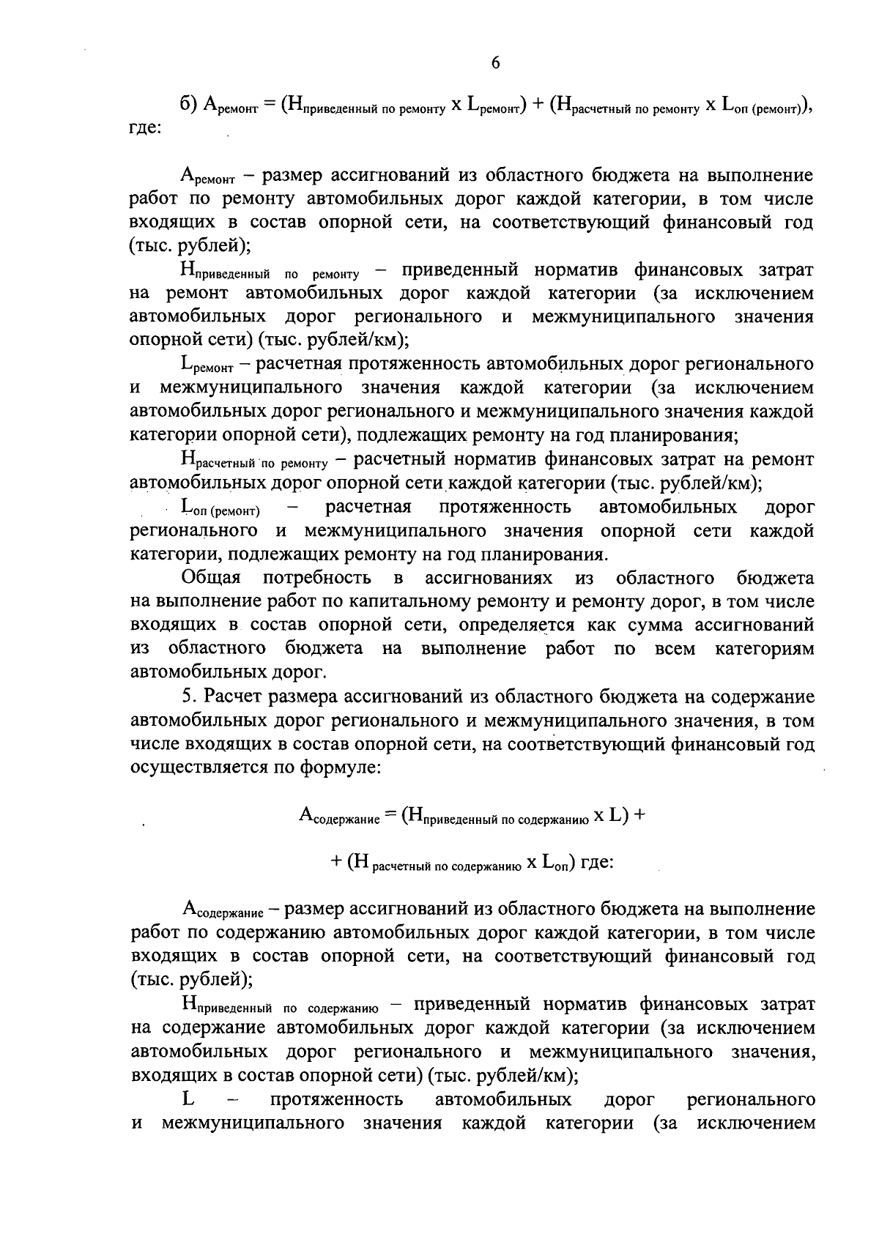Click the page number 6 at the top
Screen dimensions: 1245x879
pyautogui.click(x=495, y=64)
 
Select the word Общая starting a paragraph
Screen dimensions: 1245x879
pyautogui.click(x=211, y=579)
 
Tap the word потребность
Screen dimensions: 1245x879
pyautogui.click(x=316, y=579)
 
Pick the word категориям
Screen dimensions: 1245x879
pyautogui.click(x=765, y=649)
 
